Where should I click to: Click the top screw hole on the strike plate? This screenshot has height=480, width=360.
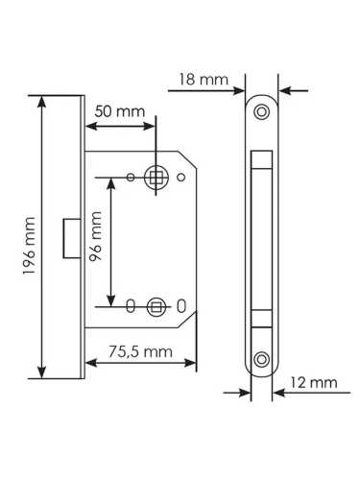259,111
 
